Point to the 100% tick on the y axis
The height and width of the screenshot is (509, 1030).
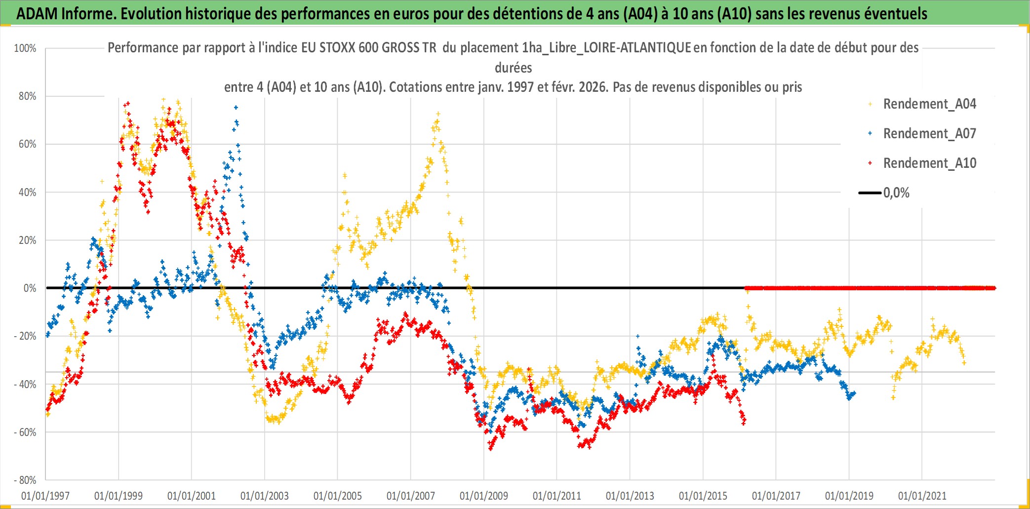(25, 48)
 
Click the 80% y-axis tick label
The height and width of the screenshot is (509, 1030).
(27, 96)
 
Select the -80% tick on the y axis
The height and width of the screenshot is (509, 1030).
(25, 480)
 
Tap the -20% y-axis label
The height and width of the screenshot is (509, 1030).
(25, 336)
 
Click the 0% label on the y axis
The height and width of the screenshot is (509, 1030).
(30, 288)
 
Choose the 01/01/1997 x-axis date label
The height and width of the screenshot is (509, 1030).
(45, 496)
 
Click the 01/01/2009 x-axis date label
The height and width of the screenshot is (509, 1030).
(483, 496)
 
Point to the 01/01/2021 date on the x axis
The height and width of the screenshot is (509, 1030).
(922, 496)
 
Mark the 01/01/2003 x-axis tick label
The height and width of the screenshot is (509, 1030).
(264, 496)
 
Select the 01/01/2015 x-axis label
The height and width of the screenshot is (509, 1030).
(703, 496)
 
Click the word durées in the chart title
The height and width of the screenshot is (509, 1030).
(513, 68)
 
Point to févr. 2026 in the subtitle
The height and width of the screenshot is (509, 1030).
(582, 87)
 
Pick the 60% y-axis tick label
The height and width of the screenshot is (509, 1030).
(27, 144)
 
